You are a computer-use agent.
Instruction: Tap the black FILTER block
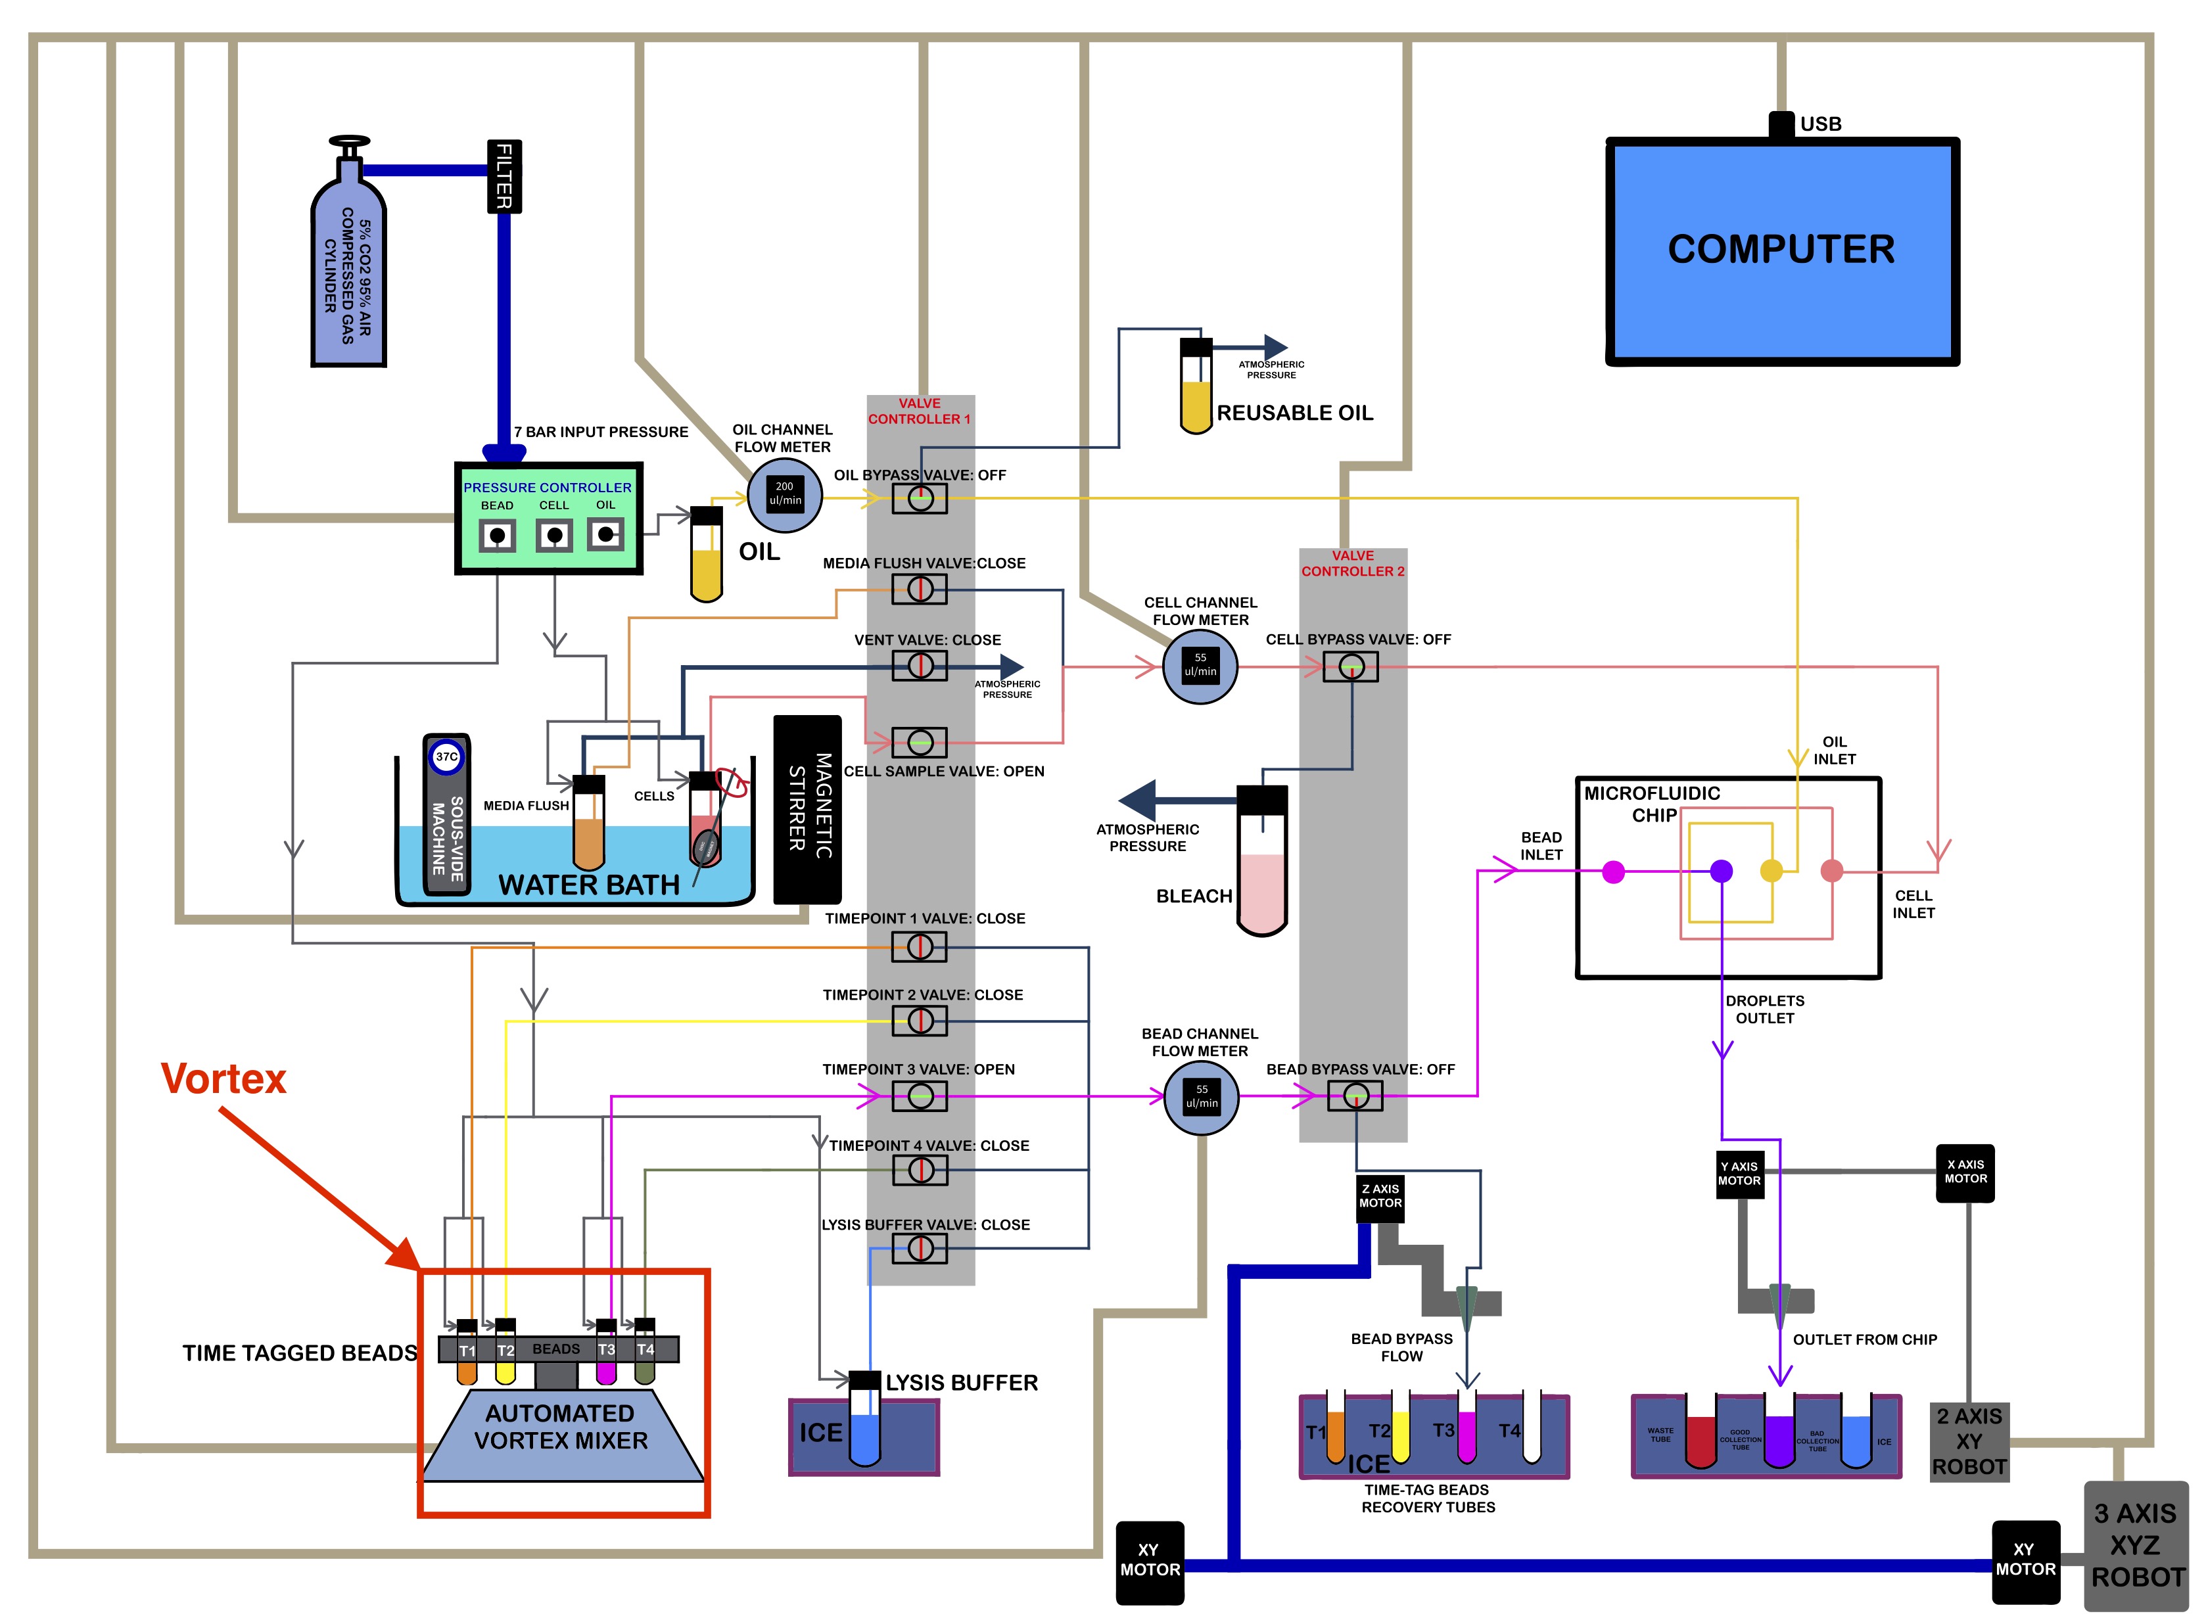coord(504,176)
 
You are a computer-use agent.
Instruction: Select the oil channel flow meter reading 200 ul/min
coord(784,494)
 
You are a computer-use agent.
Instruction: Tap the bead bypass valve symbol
coord(1355,1095)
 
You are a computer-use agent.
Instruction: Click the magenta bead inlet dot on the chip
coord(1613,871)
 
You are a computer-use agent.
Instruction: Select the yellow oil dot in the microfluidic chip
coord(1770,871)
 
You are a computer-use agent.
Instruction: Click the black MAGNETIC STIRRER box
coord(807,808)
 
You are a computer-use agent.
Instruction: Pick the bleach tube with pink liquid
coord(1261,860)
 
